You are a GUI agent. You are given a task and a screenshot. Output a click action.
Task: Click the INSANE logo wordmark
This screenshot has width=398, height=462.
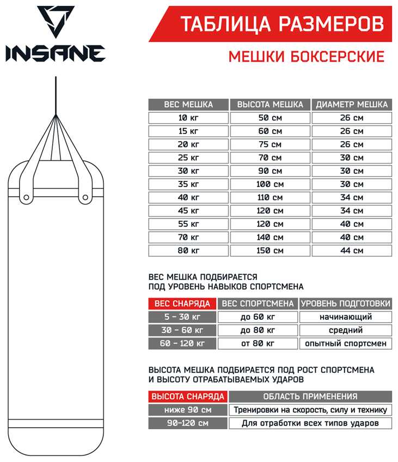pyautogui.click(x=55, y=53)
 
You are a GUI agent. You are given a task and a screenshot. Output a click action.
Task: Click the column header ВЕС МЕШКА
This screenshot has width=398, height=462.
pyautogui.click(x=188, y=105)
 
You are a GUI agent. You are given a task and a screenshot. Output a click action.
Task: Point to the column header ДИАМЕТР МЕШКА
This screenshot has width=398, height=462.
pyautogui.click(x=352, y=105)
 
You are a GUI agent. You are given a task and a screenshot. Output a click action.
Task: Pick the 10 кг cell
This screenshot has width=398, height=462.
pyautogui.click(x=188, y=118)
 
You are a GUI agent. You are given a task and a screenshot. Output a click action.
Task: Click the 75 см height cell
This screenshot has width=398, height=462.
pyautogui.click(x=270, y=144)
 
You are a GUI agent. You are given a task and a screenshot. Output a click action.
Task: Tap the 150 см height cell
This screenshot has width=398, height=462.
pyautogui.click(x=270, y=251)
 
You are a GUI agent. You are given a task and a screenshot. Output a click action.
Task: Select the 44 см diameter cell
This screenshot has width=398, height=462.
pyautogui.click(x=352, y=251)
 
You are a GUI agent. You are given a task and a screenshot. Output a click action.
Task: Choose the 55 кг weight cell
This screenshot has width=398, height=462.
pyautogui.click(x=188, y=224)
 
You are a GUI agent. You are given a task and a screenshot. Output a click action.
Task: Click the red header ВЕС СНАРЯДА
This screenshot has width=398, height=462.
pyautogui.click(x=182, y=303)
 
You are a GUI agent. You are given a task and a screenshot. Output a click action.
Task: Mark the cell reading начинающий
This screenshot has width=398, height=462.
pyautogui.click(x=345, y=317)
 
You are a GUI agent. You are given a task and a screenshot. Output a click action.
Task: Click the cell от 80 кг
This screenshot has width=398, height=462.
pyautogui.click(x=258, y=343)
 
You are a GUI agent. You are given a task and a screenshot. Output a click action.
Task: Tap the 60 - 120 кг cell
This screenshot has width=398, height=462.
pyautogui.click(x=182, y=343)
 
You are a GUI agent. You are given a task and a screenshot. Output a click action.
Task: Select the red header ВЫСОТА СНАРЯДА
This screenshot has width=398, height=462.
pyautogui.click(x=188, y=397)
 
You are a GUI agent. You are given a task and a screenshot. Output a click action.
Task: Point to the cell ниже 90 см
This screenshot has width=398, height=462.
pyautogui.click(x=188, y=410)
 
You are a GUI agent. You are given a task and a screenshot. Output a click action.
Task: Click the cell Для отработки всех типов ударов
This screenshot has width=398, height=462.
pyautogui.click(x=310, y=423)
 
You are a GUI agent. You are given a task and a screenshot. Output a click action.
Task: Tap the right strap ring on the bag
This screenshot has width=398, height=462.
pyautogui.click(x=85, y=197)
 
